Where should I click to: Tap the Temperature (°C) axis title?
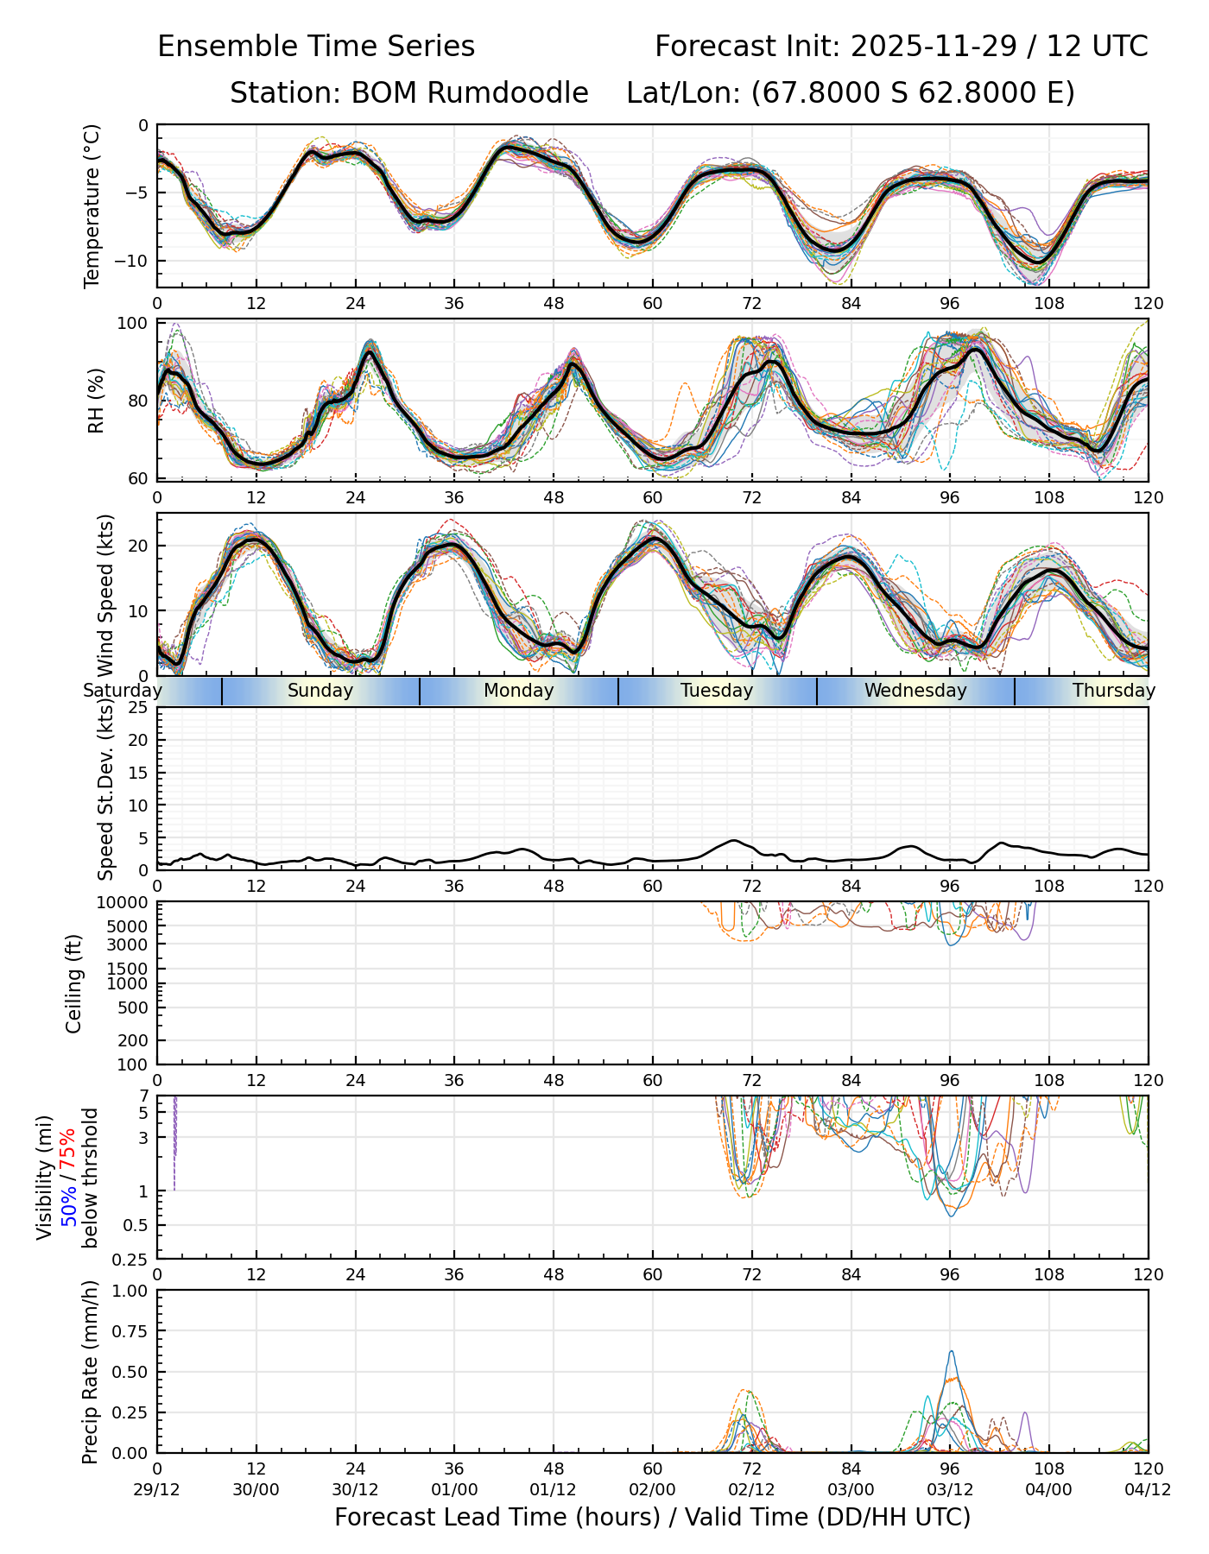(92, 205)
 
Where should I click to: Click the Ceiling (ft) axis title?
(74, 983)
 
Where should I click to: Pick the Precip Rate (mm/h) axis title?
(90, 1371)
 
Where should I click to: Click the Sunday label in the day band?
(320, 691)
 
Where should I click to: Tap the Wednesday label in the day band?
(915, 691)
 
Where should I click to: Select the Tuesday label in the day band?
(717, 691)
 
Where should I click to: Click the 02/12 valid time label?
(751, 1490)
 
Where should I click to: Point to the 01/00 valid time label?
(454, 1490)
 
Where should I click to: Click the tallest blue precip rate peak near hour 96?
(952, 1352)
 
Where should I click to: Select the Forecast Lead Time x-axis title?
(652, 1518)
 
